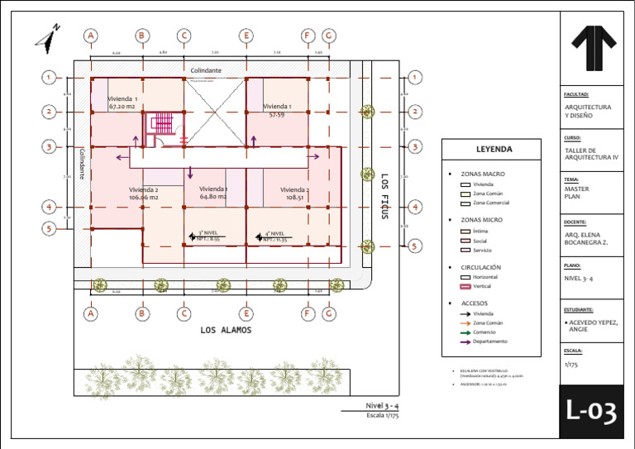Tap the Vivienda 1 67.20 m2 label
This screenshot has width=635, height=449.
click(x=123, y=103)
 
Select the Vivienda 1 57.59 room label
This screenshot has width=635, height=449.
click(x=277, y=110)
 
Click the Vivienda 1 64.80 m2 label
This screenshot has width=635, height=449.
click(x=213, y=193)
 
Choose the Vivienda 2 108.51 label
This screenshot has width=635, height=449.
click(x=294, y=193)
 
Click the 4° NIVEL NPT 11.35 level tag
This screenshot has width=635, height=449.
click(x=273, y=236)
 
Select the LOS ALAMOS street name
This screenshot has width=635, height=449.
click(x=226, y=330)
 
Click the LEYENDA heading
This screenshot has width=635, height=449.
click(x=494, y=150)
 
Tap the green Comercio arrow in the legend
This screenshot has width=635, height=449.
click(x=465, y=332)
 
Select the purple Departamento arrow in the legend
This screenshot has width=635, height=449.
click(x=465, y=342)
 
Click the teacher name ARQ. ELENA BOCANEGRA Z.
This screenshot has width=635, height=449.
click(x=592, y=238)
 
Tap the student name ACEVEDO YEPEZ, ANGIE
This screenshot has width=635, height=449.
click(x=593, y=325)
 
